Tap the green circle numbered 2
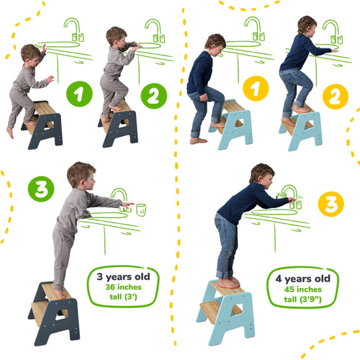[153, 95]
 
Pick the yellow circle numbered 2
[333, 95]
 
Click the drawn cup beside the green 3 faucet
[141, 210]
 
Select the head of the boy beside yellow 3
[261, 175]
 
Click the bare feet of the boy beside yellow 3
[229, 282]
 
